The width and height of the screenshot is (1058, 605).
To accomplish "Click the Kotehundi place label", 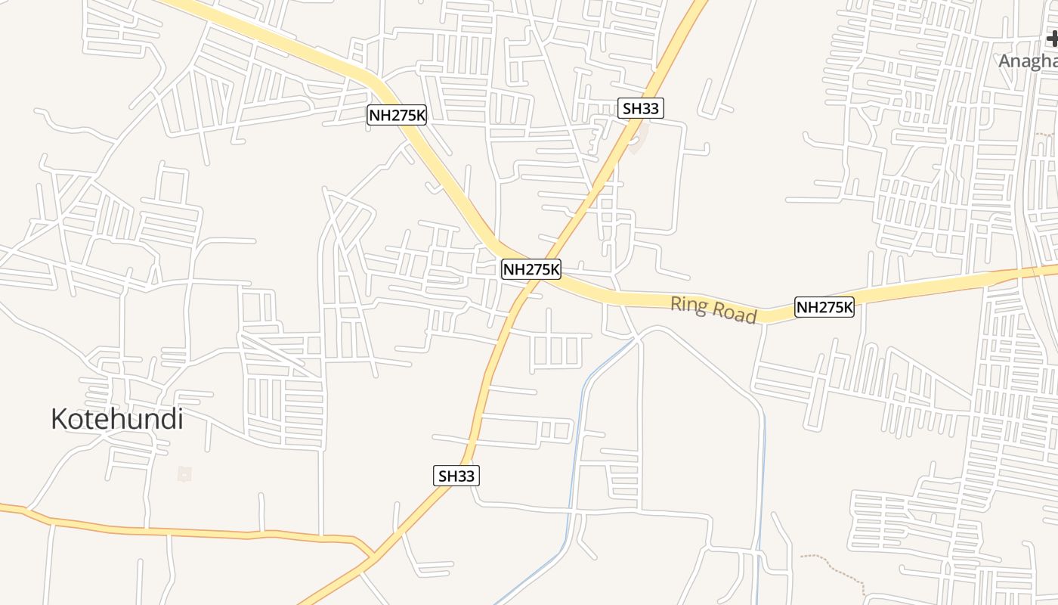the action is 116,418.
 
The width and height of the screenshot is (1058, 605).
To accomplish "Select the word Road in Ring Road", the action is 735,313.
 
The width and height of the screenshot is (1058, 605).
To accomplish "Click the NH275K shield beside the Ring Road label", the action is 824,308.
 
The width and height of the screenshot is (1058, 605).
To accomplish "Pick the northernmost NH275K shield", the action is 397,115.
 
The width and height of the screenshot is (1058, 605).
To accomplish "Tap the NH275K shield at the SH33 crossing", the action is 531,269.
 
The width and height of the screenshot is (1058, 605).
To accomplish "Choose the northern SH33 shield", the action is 640,108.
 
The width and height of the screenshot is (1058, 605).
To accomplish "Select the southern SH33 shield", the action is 457,476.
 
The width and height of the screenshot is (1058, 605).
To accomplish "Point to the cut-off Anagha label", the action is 1028,61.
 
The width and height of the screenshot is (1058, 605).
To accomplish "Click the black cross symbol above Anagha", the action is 1052,39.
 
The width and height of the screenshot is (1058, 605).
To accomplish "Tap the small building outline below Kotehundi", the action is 184,474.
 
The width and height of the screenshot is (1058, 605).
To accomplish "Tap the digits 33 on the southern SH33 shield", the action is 466,476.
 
